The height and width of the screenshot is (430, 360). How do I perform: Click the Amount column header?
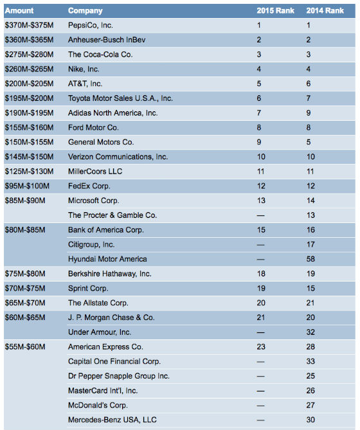point(19,11)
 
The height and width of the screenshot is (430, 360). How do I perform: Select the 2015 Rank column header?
point(275,11)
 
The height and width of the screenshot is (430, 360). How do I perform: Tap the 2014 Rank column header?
point(325,11)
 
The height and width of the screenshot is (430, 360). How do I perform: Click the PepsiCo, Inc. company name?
point(91,25)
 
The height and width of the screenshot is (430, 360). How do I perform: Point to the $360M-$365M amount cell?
point(29,40)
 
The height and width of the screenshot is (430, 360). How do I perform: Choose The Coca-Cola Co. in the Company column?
point(100,54)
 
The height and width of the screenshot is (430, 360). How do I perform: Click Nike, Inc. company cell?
point(84,69)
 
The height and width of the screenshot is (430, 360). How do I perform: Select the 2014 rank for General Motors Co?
point(309,142)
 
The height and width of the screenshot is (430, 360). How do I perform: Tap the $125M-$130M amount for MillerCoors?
point(29,172)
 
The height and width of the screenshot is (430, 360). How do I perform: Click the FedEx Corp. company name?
point(89,186)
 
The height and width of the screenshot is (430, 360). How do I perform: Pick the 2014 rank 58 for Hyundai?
point(310,259)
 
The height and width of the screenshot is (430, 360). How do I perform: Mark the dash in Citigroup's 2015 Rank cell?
point(260,245)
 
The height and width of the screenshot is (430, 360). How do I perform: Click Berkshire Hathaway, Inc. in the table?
point(110,274)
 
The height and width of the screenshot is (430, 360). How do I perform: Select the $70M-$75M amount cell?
point(25,288)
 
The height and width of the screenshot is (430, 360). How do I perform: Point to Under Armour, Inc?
point(100,332)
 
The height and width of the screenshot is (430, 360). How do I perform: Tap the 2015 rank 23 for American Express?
point(261,346)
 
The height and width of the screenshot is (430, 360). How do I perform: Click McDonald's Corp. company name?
point(98,405)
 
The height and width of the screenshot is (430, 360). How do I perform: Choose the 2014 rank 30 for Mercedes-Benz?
point(310,420)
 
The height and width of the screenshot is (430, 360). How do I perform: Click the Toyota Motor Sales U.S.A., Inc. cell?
point(120,98)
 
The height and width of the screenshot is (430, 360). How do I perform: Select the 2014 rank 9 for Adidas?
point(309,113)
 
